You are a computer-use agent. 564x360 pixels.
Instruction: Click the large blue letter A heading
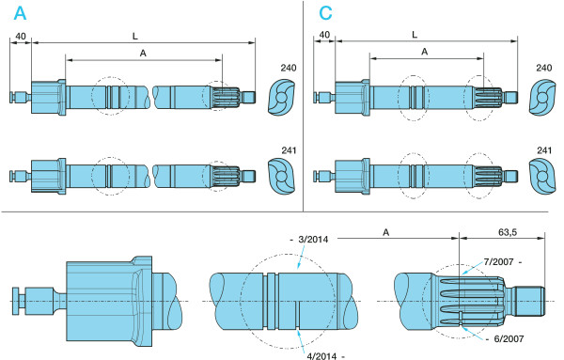click(x=20, y=13)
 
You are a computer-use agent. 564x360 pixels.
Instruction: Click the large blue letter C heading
click(x=325, y=13)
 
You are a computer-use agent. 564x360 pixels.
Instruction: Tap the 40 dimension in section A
click(x=21, y=37)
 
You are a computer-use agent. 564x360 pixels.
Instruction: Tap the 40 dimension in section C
click(x=324, y=35)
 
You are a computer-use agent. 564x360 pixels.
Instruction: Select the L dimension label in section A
click(x=135, y=36)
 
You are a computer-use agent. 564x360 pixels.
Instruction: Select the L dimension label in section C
click(x=415, y=35)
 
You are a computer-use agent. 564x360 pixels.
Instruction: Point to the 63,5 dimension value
click(x=508, y=232)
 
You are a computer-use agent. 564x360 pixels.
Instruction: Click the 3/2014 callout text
click(x=313, y=240)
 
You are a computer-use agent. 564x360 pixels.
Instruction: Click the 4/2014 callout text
click(x=322, y=356)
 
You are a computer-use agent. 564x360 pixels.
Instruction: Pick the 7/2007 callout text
click(x=498, y=262)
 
